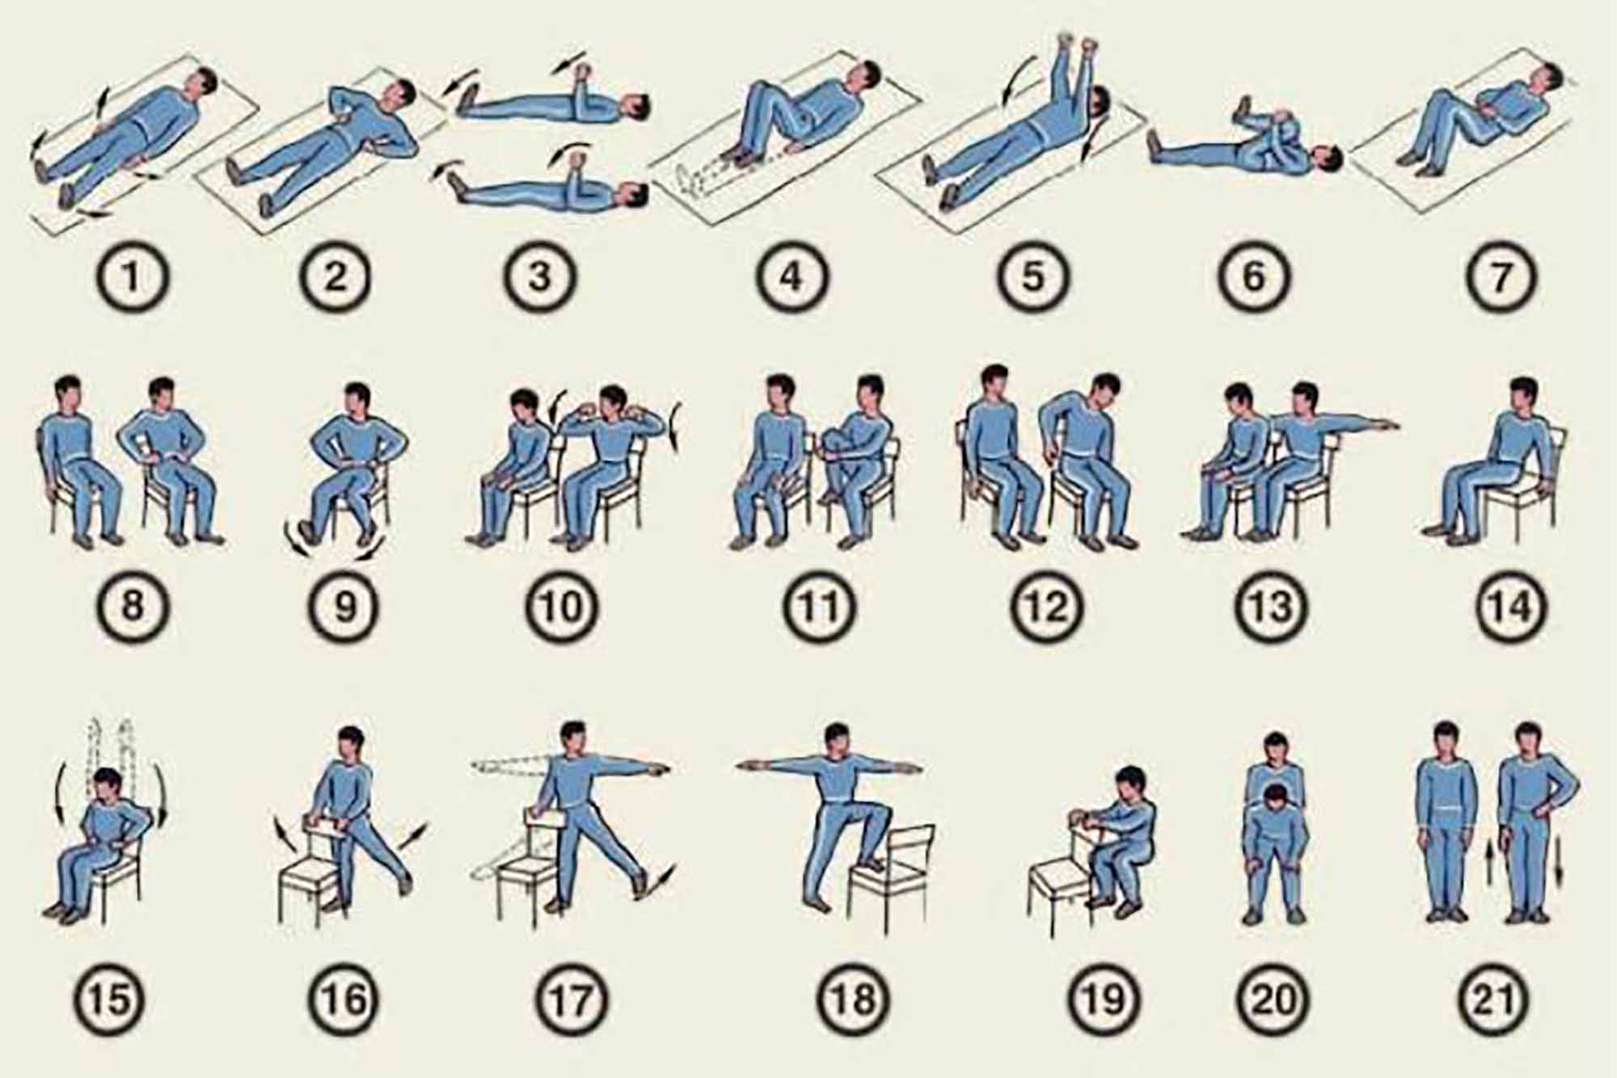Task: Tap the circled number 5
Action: tap(1034, 277)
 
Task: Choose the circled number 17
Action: tap(571, 999)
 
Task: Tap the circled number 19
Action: tap(1101, 999)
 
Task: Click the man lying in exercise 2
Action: tap(323, 150)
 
